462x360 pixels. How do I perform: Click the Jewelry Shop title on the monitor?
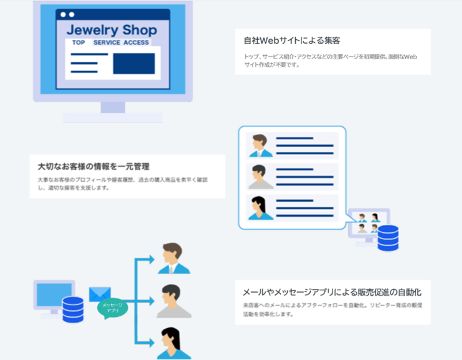coord(111,29)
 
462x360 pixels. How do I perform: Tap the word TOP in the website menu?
coord(78,43)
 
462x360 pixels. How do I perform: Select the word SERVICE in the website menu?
coord(106,43)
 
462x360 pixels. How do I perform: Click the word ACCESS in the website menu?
coord(136,43)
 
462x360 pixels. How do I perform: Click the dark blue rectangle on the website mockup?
coord(134,64)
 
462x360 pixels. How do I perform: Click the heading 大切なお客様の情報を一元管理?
coord(93,166)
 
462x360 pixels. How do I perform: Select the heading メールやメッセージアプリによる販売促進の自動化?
coord(332,292)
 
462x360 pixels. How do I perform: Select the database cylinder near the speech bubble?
coord(387,237)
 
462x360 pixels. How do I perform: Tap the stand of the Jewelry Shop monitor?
coord(113,111)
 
